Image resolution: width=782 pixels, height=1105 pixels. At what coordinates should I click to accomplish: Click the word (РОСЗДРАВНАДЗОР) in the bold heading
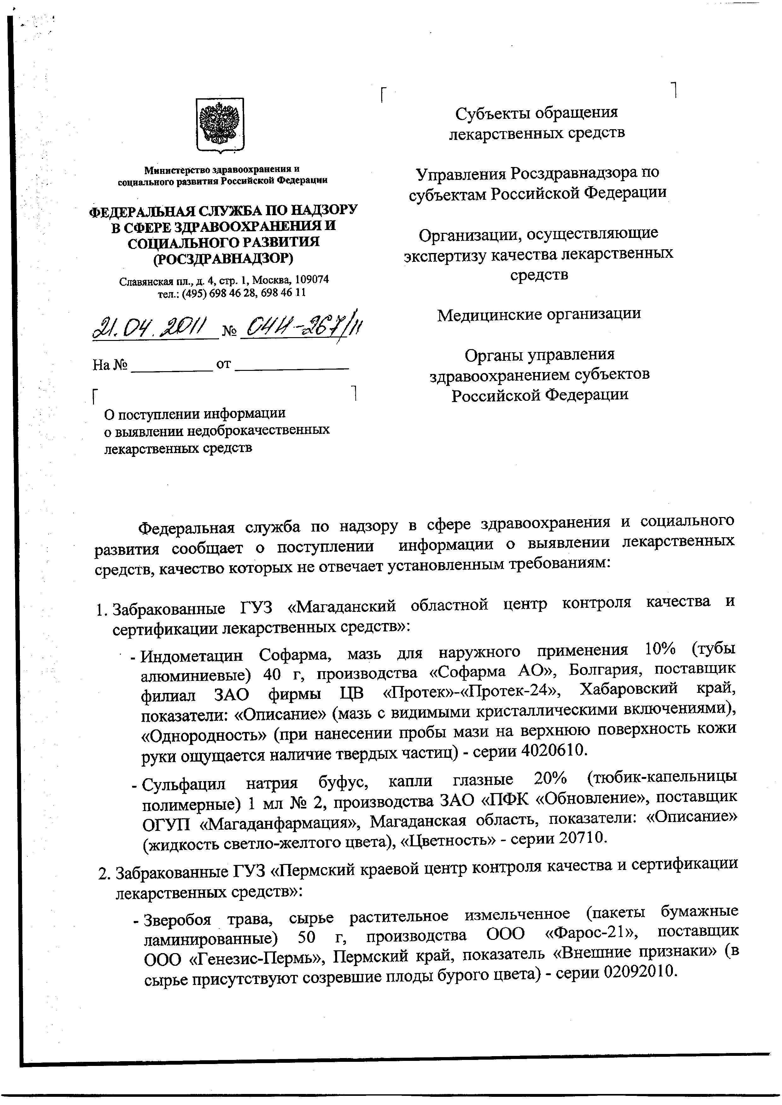223,259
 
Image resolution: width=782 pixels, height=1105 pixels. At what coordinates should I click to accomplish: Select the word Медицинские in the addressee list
483,314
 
